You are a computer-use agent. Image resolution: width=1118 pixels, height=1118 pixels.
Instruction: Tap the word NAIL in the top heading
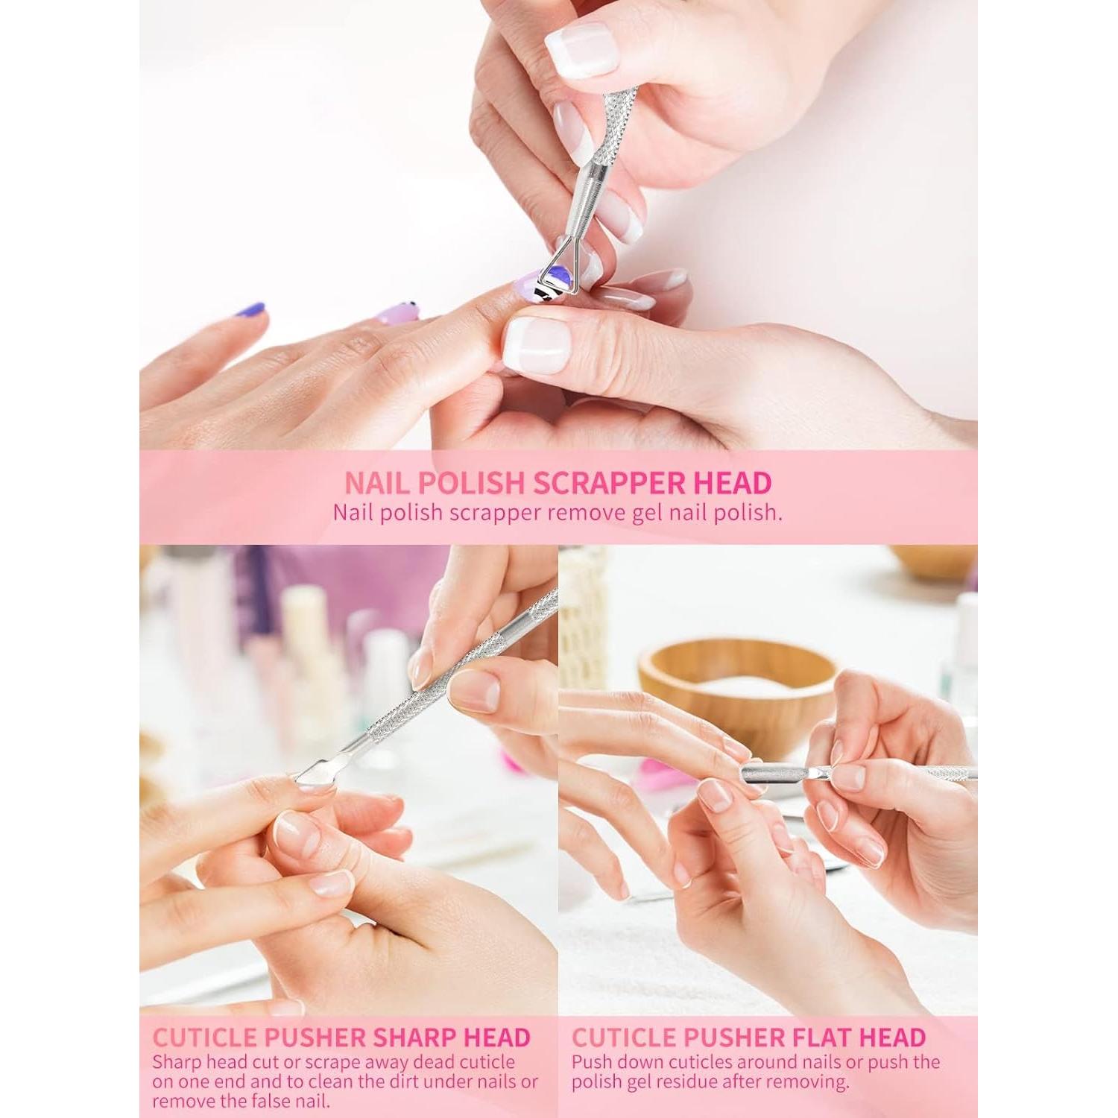click(x=376, y=483)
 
